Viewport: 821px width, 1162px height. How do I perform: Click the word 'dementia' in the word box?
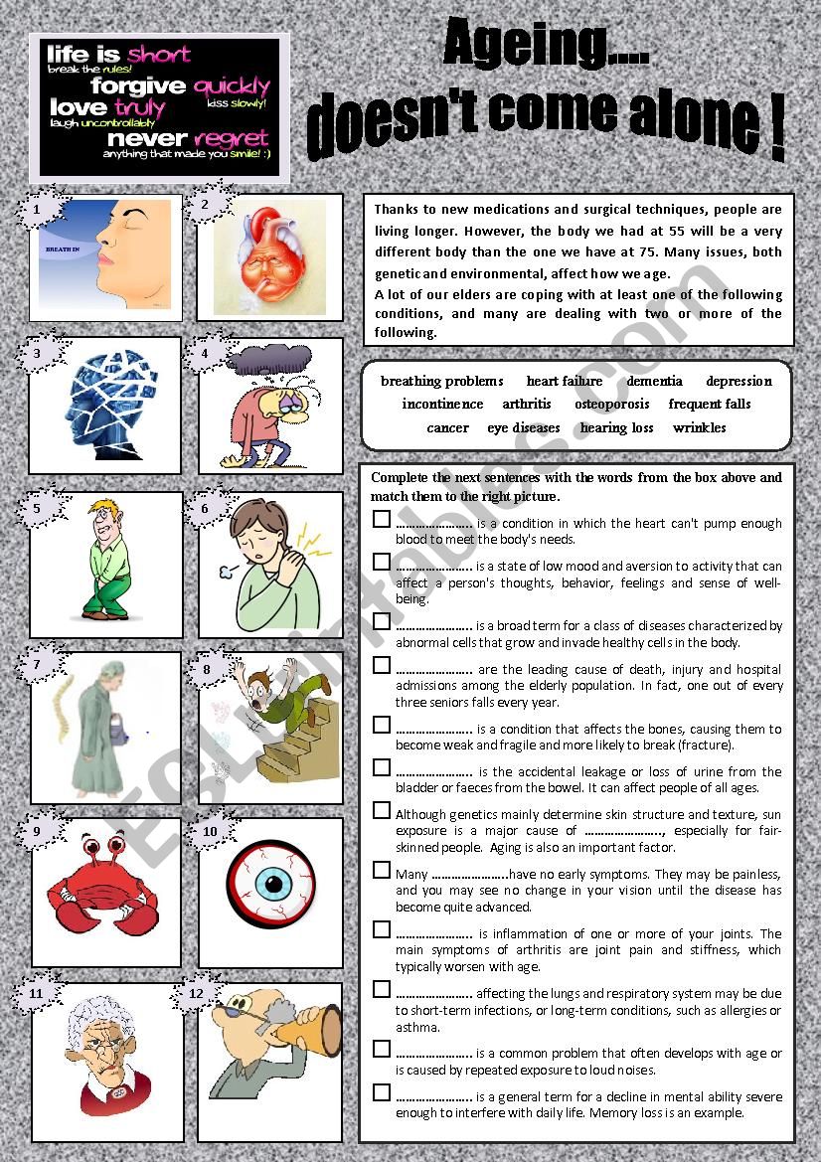click(654, 381)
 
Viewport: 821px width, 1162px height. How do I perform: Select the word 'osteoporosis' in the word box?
click(611, 404)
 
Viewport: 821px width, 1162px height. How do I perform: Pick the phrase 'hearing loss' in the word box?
click(616, 427)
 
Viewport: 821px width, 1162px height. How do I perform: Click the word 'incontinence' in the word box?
click(442, 404)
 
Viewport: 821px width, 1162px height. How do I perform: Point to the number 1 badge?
click(38, 210)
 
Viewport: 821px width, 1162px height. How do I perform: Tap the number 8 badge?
click(207, 670)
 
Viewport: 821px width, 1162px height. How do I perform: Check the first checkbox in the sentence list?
click(382, 518)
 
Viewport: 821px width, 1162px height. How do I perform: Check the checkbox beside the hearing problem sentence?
click(382, 1049)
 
